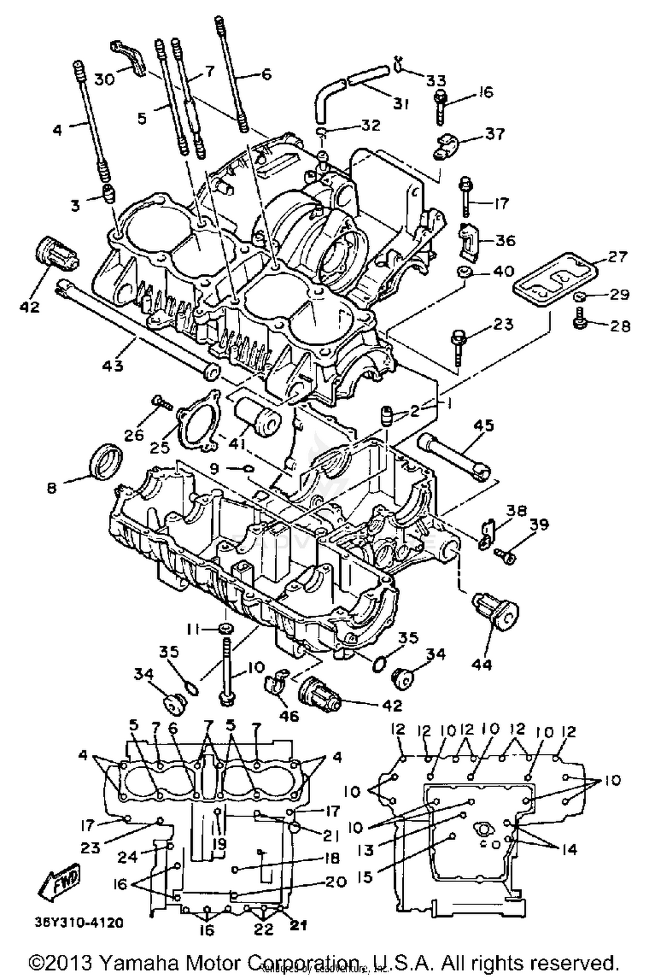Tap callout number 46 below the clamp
point(289,715)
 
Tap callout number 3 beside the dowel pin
point(75,205)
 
